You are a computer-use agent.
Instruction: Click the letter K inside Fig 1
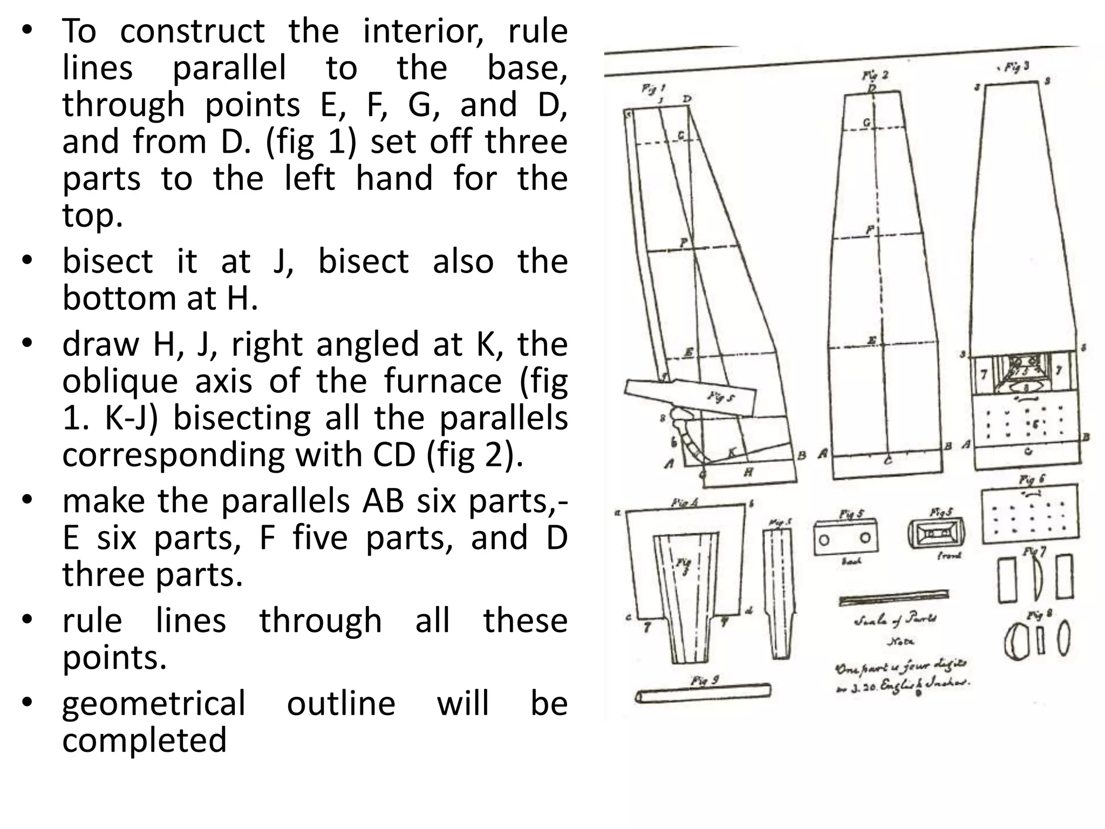pyautogui.click(x=732, y=453)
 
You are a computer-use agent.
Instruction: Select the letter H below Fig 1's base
pyautogui.click(x=748, y=473)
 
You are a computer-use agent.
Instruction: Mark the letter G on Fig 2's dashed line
pyautogui.click(x=867, y=123)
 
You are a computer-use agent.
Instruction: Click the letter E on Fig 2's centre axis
pyautogui.click(x=871, y=341)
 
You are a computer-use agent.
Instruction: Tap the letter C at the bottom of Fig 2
pyautogui.click(x=888, y=460)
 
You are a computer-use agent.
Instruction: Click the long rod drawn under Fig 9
pyautogui.click(x=704, y=693)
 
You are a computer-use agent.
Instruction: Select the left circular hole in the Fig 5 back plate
pyautogui.click(x=824, y=540)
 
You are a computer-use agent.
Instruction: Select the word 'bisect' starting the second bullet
pyautogui.click(x=107, y=261)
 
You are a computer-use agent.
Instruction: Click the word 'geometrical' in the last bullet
pyautogui.click(x=154, y=703)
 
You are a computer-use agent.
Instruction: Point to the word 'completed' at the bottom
pyautogui.click(x=144, y=740)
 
